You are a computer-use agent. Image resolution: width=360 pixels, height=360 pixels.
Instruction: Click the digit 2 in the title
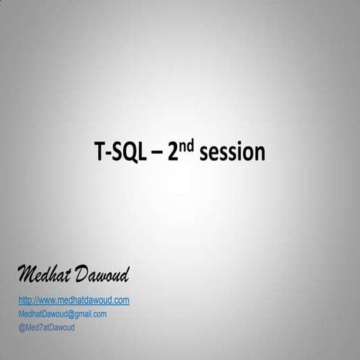tap(173, 153)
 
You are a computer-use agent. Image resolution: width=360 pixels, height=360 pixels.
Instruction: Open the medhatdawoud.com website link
tap(73, 300)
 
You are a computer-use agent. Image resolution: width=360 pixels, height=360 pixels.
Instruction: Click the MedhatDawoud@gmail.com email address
tap(62, 313)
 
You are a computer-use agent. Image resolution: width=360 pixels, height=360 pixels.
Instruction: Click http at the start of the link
tap(25, 300)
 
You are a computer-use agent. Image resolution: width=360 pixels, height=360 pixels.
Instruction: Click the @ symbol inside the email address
tap(69, 313)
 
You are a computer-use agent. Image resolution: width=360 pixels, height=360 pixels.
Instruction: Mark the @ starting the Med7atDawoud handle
tap(21, 327)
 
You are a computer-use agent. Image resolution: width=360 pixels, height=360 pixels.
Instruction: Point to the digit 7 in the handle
tap(39, 327)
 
